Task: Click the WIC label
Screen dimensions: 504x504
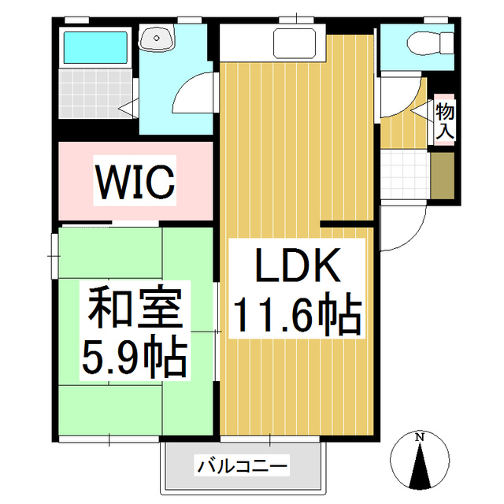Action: pos(135,182)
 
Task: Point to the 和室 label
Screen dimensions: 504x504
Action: pos(135,310)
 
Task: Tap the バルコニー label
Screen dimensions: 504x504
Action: pos(242,465)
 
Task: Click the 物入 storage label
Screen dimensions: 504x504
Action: pos(444,122)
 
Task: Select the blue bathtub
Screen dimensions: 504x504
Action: pos(94,48)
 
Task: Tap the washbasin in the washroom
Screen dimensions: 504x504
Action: pos(162,37)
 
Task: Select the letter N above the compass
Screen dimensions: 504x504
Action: pos(421,437)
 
